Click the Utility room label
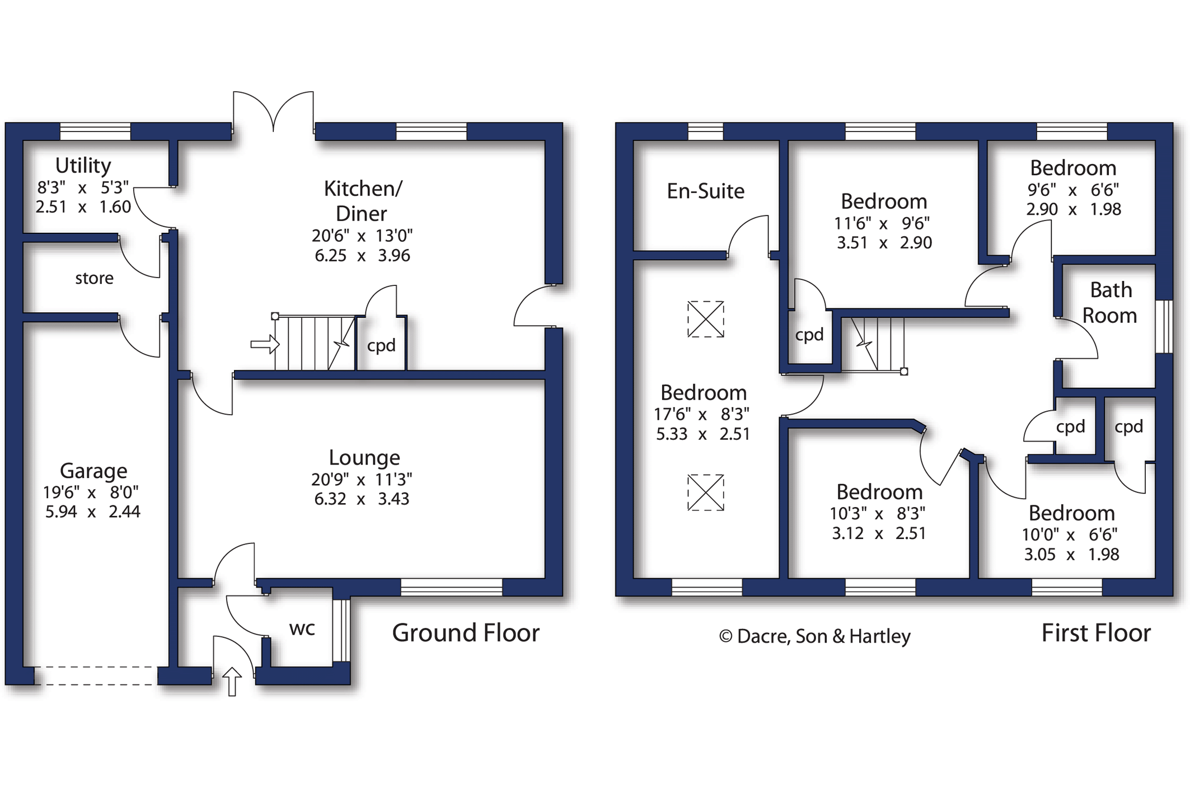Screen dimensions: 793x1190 [x=83, y=166]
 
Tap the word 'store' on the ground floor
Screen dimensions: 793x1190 [x=94, y=278]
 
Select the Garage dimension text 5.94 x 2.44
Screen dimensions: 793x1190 [x=92, y=512]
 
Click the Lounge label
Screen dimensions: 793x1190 [x=364, y=458]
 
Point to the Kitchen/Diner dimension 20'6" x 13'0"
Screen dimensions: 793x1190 [x=362, y=236]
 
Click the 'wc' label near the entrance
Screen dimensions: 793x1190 [x=302, y=628]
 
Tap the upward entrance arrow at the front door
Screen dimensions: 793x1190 [x=232, y=681]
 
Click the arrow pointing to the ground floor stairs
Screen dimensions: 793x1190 [x=264, y=344]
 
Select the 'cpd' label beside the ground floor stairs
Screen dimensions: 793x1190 [x=381, y=345]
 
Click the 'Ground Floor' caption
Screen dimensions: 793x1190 [x=465, y=633]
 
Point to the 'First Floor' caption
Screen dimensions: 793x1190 [x=1095, y=633]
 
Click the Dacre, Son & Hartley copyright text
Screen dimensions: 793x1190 [x=814, y=636]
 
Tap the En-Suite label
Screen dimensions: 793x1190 [x=705, y=191]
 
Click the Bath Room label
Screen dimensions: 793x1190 [x=1110, y=303]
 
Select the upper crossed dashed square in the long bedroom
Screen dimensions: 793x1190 [x=705, y=319]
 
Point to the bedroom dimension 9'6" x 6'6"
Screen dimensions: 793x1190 [x=1073, y=190]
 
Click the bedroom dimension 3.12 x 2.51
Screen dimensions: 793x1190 [x=879, y=533]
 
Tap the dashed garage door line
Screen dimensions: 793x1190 [x=95, y=675]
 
